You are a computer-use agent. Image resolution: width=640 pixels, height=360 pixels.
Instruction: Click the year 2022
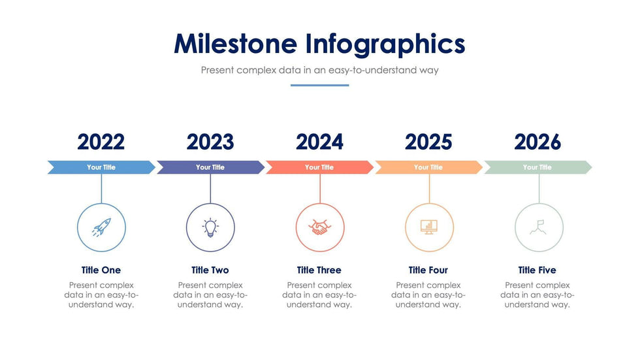click(x=101, y=142)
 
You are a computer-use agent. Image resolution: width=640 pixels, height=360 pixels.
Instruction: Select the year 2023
click(x=210, y=142)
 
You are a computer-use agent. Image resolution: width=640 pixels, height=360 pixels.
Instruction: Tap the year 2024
click(x=319, y=142)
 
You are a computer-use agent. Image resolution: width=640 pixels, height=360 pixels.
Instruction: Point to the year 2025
click(x=428, y=142)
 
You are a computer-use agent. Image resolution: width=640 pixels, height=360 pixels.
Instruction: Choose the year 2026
click(x=537, y=142)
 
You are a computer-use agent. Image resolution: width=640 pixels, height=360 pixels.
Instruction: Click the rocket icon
click(x=101, y=227)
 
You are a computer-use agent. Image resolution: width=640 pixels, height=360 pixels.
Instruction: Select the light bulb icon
click(x=210, y=227)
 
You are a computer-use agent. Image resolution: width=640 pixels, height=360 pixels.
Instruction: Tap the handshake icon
click(x=319, y=227)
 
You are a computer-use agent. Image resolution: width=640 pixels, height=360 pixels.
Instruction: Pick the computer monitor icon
click(x=429, y=227)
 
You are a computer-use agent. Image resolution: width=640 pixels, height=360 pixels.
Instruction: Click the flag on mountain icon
click(x=538, y=227)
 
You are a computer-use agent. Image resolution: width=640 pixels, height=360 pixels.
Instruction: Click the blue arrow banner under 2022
click(x=101, y=167)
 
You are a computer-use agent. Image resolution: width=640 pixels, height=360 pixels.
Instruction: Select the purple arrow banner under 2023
click(x=210, y=167)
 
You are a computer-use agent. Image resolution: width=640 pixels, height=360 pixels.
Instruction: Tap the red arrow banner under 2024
click(x=319, y=167)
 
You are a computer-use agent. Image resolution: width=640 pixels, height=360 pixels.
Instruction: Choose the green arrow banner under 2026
click(x=538, y=167)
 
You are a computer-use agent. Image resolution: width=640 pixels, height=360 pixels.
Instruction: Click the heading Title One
click(x=101, y=270)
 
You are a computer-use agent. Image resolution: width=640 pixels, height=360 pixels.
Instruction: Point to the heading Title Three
click(x=319, y=270)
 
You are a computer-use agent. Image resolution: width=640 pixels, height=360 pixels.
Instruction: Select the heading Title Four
click(x=428, y=270)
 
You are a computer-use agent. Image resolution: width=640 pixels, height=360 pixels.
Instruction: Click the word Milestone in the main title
click(x=236, y=44)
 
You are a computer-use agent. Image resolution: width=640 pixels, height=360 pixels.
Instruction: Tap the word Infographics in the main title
click(x=385, y=44)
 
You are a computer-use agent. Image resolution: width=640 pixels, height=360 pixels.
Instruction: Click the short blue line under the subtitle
click(x=319, y=86)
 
